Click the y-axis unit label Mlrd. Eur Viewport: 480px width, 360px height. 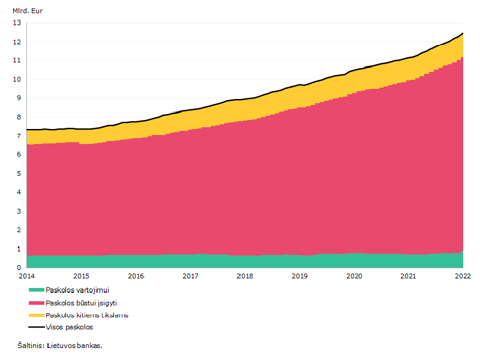pos(28,11)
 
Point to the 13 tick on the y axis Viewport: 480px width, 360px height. pos(17,23)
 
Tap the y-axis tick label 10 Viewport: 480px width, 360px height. pos(17,79)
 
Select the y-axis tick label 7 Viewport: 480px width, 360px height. pos(19,136)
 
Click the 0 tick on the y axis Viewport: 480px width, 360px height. pos(19,268)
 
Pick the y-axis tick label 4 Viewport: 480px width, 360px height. pos(19,192)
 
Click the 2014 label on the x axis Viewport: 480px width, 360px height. pos(26,276)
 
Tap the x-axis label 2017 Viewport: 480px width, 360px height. pos(190,276)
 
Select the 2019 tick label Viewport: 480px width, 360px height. pos(299,276)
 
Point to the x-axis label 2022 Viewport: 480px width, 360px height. pos(463,276)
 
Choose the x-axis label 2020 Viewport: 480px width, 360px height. pos(354,276)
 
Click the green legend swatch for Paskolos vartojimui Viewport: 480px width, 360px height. pos(37,290)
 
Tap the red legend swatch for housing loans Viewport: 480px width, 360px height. pos(37,303)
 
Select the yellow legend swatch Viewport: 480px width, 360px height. pos(37,316)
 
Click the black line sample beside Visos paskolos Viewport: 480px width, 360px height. pos(37,327)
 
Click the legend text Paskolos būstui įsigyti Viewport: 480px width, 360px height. pos(82,303)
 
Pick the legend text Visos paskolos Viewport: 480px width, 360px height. pos(70,327)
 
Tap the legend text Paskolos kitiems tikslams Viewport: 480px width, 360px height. pos(87,316)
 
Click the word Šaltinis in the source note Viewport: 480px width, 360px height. pos(31,346)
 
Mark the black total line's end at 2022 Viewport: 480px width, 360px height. pos(463,33)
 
